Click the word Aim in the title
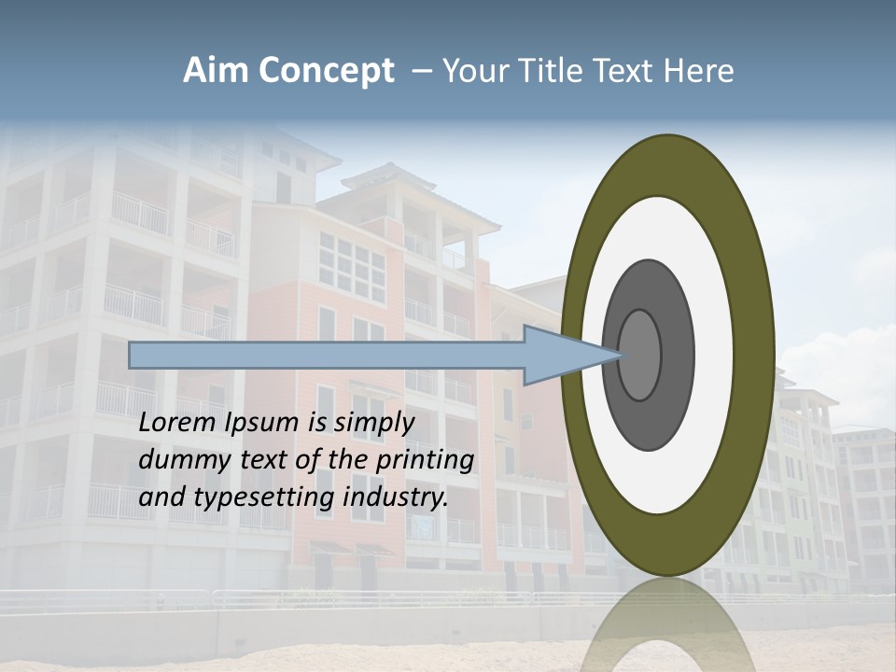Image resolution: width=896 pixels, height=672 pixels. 217,71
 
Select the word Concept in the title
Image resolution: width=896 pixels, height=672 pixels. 325,71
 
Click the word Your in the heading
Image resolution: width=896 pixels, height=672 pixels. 472,71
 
